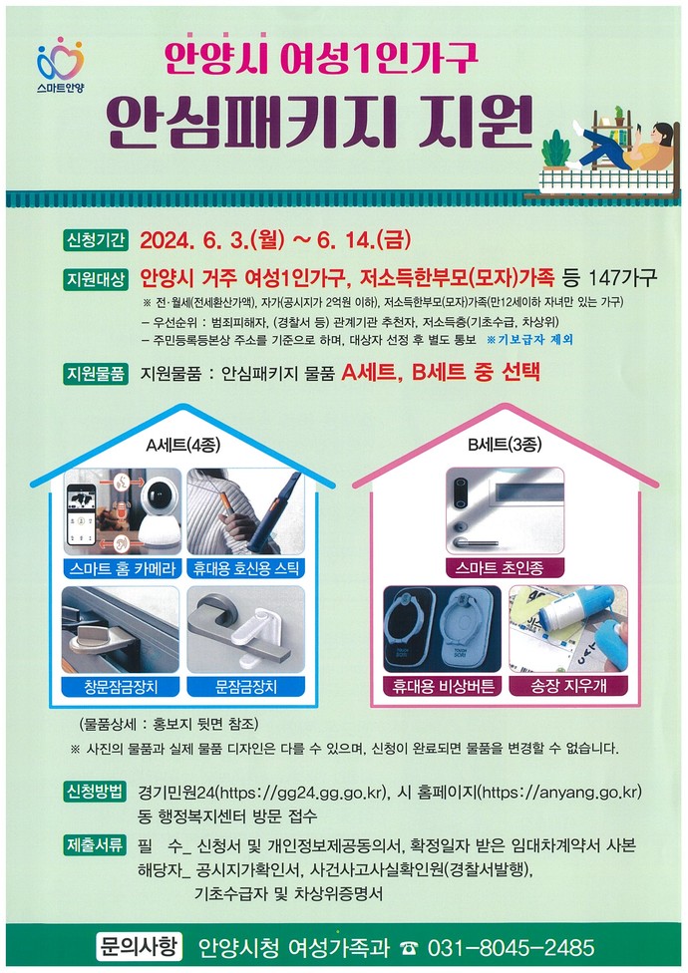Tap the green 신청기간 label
pyautogui.click(x=96, y=240)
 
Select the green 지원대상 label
pyautogui.click(x=96, y=279)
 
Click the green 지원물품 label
pyautogui.click(x=96, y=374)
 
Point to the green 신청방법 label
pyautogui.click(x=96, y=792)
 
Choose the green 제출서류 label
pyautogui.click(x=96, y=845)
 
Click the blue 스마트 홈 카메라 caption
pyautogui.click(x=123, y=568)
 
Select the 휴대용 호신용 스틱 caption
pyautogui.click(x=246, y=568)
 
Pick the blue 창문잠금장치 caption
pyautogui.click(x=122, y=686)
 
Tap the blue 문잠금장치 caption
pyautogui.click(x=246, y=686)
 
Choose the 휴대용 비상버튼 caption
pyautogui.click(x=443, y=686)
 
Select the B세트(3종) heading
pyautogui.click(x=505, y=445)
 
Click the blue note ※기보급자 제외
pyautogui.click(x=529, y=339)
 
